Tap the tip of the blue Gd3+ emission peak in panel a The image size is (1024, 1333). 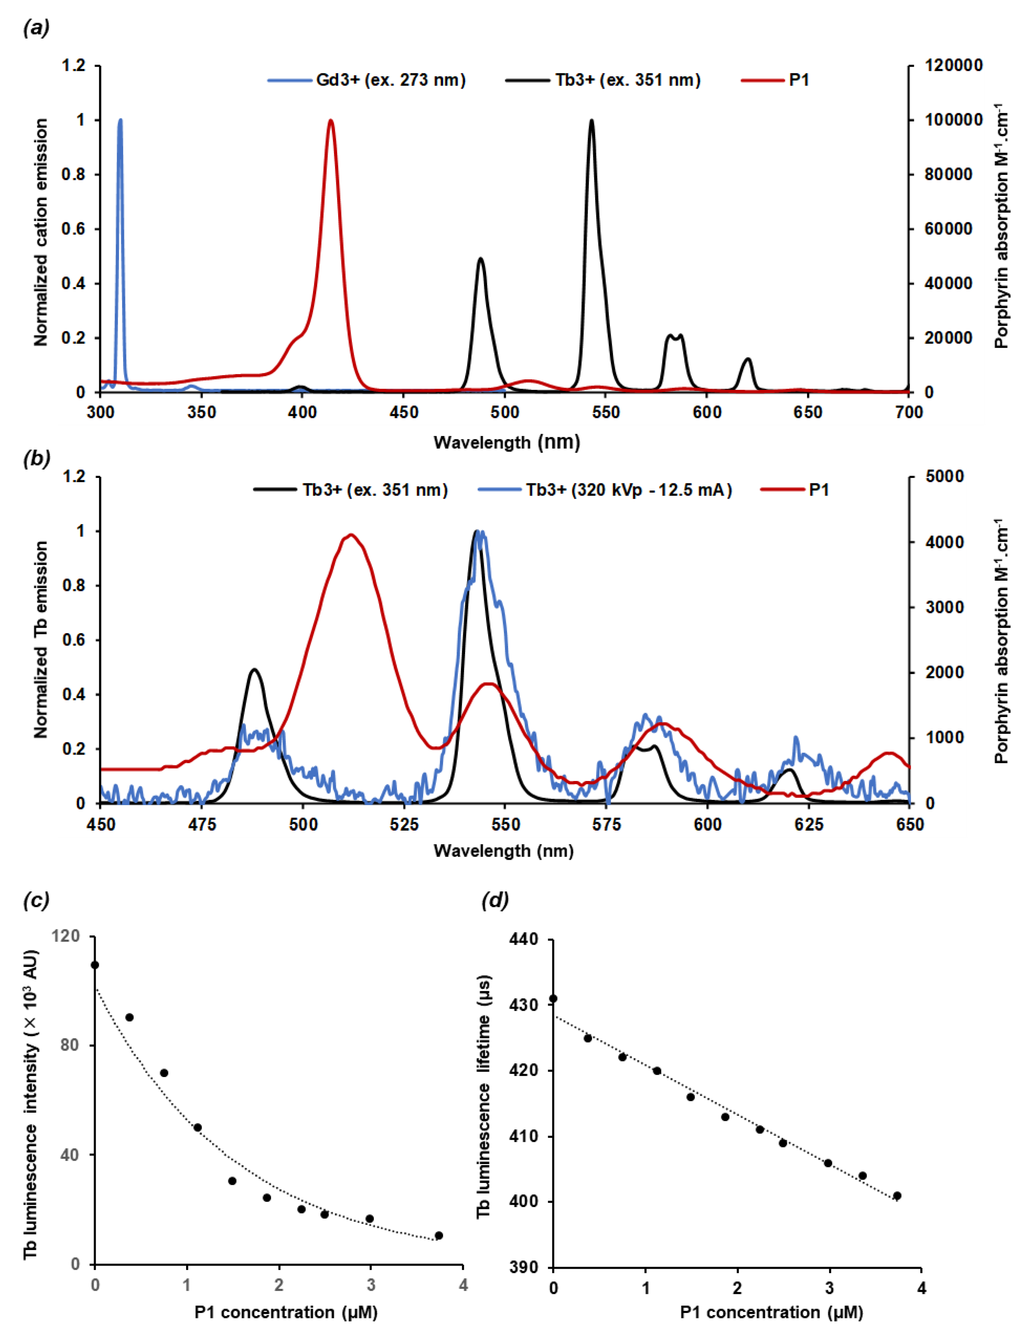coord(120,120)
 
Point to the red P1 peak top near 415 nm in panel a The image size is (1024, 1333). coord(331,121)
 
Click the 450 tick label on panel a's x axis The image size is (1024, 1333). coord(403,412)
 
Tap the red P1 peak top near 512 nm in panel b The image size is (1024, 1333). coord(350,535)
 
